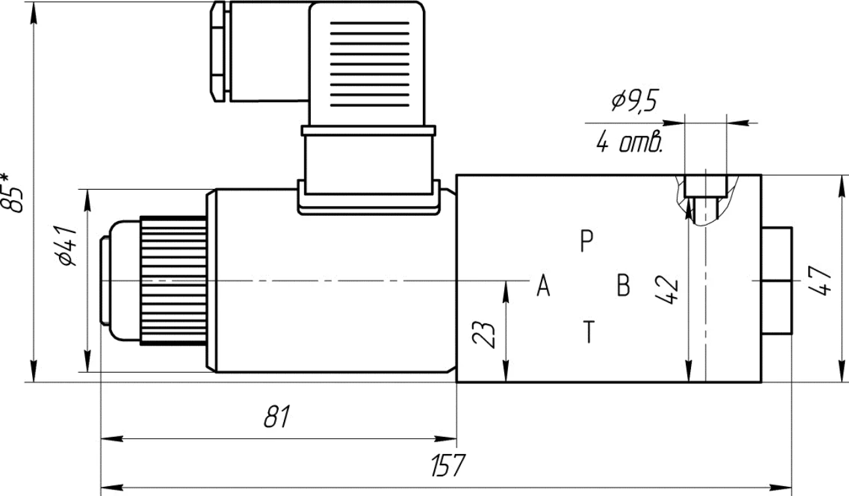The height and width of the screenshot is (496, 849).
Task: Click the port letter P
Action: click(x=586, y=240)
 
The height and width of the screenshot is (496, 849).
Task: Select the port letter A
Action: click(x=543, y=285)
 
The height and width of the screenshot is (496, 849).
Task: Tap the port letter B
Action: click(x=623, y=285)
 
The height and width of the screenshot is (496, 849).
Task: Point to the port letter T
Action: click(x=589, y=332)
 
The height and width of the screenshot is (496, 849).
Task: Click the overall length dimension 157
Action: click(x=448, y=465)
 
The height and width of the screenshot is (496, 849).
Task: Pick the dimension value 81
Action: click(x=277, y=417)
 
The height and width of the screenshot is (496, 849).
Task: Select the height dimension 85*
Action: click(x=11, y=193)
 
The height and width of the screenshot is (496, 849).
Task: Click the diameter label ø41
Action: click(x=67, y=246)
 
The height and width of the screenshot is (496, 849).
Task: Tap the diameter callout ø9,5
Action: click(x=635, y=100)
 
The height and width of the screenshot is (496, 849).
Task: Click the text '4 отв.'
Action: click(x=629, y=142)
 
